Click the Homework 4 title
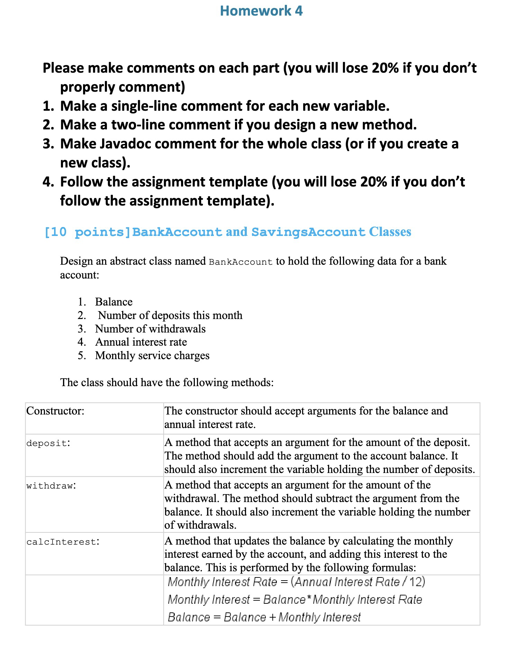(261, 11)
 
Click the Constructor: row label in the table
(55, 411)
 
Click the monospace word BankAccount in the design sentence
(241, 262)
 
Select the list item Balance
(114, 302)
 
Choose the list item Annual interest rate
(141, 342)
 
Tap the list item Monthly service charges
(152, 355)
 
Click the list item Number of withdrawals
(150, 329)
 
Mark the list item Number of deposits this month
(170, 315)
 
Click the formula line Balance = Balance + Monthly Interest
(264, 617)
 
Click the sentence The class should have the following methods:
(167, 382)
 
